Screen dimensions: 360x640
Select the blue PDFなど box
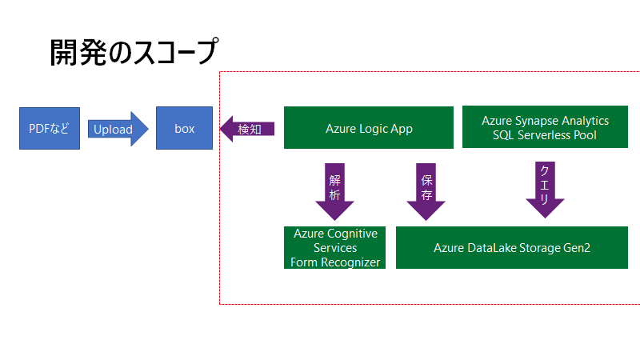click(x=50, y=128)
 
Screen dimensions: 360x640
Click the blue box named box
click(x=184, y=128)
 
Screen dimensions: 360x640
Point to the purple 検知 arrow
click(x=248, y=128)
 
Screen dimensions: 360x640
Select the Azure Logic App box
click(x=368, y=128)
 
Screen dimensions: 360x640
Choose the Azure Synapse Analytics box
click(x=545, y=128)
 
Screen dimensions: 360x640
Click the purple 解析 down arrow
click(x=334, y=190)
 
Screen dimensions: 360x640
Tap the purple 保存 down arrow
click(x=426, y=190)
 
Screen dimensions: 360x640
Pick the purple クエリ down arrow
click(x=545, y=189)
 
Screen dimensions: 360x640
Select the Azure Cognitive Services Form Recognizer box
click(x=334, y=247)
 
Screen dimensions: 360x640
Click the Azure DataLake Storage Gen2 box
click(x=512, y=247)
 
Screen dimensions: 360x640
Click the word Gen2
click(x=576, y=248)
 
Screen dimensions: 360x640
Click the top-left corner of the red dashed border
click(x=220, y=72)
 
